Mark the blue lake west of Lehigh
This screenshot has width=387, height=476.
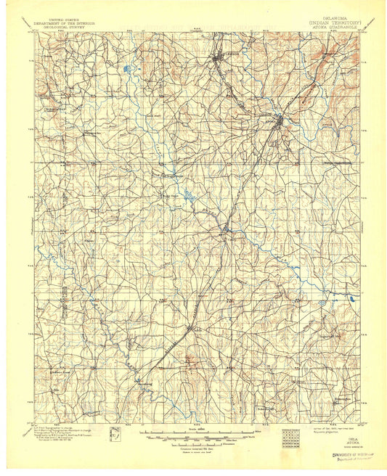click(x=128, y=70)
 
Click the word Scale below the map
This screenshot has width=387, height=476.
click(x=192, y=430)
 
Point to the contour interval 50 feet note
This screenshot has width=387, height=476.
click(x=192, y=445)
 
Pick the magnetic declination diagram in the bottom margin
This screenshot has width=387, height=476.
click(x=114, y=435)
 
